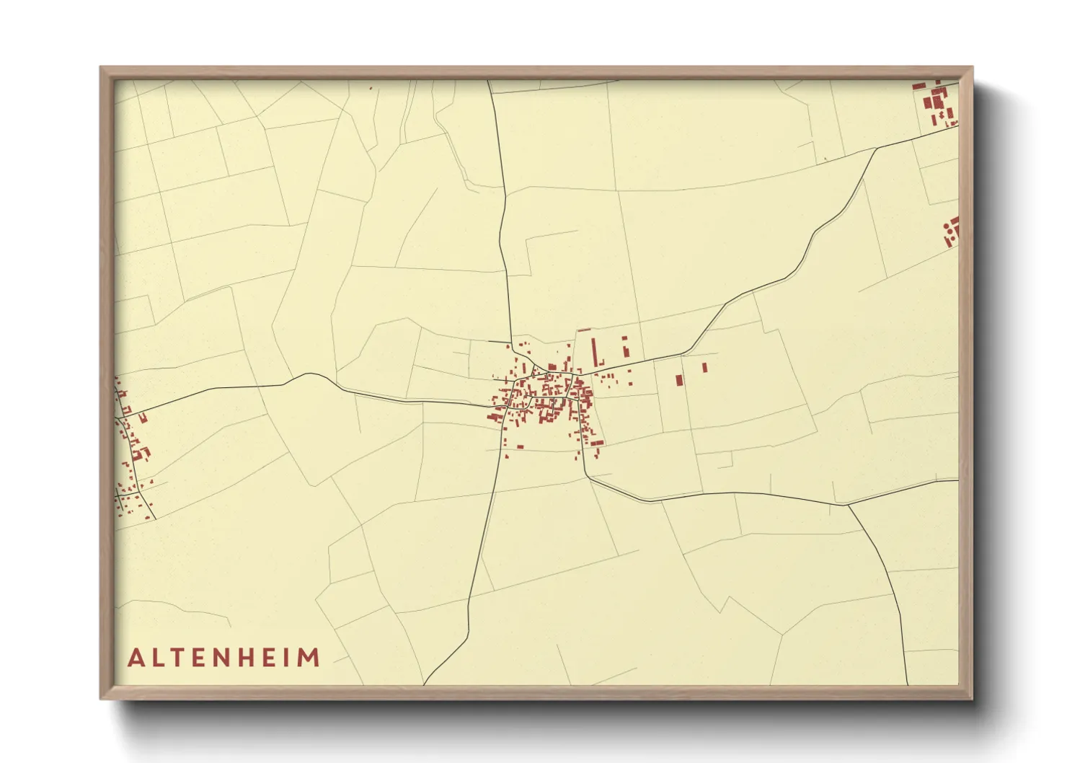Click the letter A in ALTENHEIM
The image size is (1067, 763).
135,658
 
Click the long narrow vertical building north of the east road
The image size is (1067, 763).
595,352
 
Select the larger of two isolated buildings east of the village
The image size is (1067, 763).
678,380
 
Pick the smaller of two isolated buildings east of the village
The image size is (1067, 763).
704,367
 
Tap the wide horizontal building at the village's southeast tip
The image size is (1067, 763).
596,443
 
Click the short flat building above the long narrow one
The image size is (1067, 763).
584,330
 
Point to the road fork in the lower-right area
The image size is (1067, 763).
847,504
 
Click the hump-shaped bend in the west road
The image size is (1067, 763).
309,374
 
